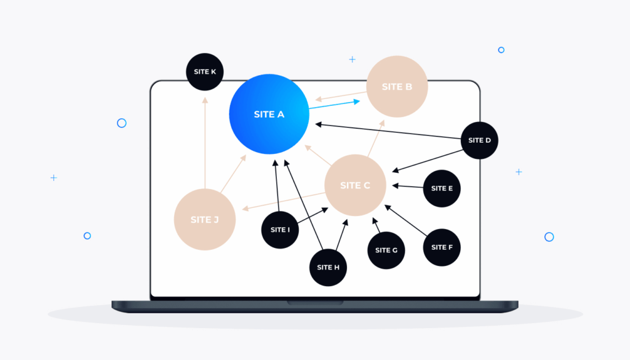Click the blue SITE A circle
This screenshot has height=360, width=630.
tap(269, 114)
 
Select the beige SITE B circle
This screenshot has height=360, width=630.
tap(397, 87)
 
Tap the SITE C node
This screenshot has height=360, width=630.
tap(355, 185)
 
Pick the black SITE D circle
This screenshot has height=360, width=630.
tap(479, 140)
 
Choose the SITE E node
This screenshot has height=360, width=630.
tap(442, 188)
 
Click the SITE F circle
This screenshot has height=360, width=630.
tap(442, 247)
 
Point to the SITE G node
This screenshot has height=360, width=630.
tap(386, 250)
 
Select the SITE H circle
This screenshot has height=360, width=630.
tap(328, 267)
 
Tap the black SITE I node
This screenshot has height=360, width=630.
tap(280, 230)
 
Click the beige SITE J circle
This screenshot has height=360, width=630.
tap(204, 220)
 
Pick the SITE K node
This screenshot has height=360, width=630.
tap(205, 72)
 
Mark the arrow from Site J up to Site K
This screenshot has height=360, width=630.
tap(205, 142)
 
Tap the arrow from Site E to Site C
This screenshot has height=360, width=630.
tap(407, 186)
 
